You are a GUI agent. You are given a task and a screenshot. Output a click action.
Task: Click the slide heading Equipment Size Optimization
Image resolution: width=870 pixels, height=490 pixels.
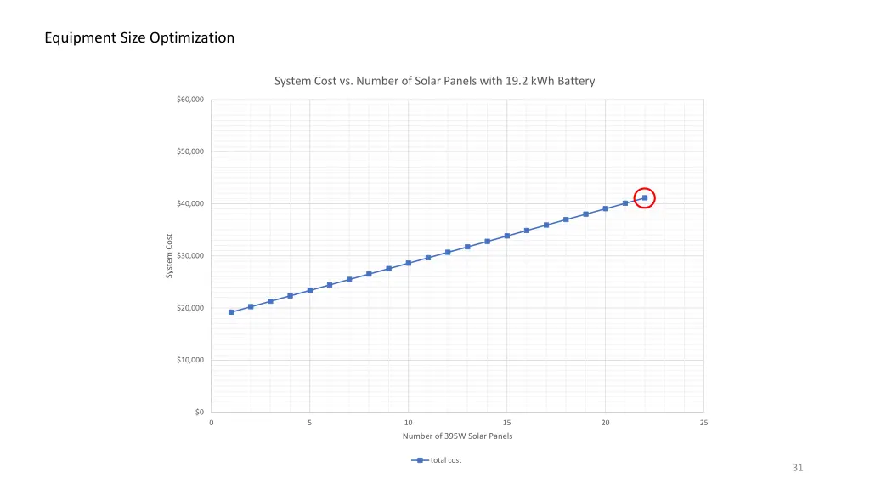tap(139, 37)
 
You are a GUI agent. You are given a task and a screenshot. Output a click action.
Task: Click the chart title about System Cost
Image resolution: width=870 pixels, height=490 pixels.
tap(434, 81)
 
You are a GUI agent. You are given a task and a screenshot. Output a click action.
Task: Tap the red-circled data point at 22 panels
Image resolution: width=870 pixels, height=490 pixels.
tap(645, 197)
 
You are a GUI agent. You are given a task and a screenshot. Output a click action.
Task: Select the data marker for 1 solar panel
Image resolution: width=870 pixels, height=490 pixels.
tap(231, 312)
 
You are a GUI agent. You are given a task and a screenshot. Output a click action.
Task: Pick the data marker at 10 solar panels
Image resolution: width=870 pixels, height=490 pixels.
tap(409, 263)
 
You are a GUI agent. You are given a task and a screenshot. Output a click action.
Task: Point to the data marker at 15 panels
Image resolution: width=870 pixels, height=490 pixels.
tap(507, 236)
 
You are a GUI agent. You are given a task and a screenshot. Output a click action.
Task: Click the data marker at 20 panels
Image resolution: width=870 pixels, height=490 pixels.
tap(606, 208)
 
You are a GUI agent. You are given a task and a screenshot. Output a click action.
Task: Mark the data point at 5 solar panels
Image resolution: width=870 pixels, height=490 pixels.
tap(310, 290)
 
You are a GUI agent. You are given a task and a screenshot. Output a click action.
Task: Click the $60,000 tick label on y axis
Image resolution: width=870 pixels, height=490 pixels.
tap(189, 100)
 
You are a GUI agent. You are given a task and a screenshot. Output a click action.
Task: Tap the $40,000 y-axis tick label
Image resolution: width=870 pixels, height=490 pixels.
tap(189, 204)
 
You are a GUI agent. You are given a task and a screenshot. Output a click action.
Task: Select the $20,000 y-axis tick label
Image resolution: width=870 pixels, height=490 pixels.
tap(189, 308)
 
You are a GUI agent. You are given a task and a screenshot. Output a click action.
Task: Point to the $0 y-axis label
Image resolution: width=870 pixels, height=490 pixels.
tap(199, 412)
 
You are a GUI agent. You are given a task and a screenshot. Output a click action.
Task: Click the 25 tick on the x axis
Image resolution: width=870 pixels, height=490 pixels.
tap(703, 423)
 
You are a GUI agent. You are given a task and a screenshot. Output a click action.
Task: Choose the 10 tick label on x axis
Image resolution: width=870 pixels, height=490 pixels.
tap(409, 423)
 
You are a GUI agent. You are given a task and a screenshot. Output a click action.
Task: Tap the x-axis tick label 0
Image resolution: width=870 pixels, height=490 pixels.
tap(212, 423)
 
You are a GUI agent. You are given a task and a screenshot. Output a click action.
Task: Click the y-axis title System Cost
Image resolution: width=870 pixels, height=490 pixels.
tap(169, 255)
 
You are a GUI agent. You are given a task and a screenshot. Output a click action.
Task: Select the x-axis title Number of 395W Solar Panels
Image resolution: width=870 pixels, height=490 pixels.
tap(457, 436)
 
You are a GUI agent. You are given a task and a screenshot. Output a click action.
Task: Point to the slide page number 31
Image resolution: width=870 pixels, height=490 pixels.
tap(797, 468)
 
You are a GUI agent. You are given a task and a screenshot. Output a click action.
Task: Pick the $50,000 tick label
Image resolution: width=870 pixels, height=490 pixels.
tap(189, 151)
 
